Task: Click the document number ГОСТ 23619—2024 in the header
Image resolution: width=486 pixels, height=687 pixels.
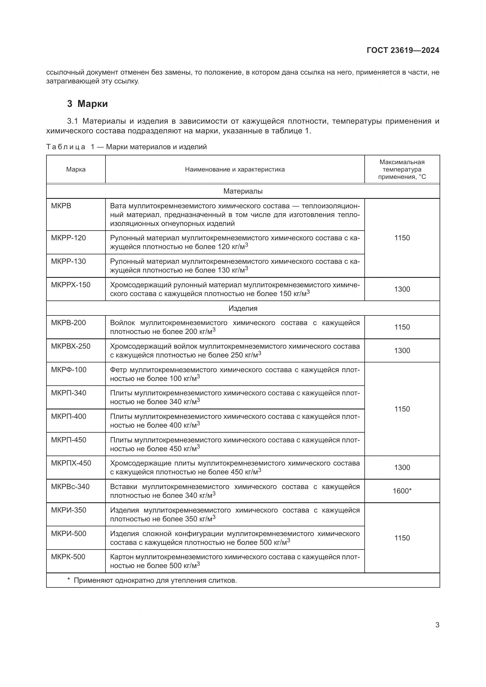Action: [403, 50]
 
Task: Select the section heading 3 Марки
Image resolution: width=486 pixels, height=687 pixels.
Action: [87, 104]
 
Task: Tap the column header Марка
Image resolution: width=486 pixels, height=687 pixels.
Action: [76, 169]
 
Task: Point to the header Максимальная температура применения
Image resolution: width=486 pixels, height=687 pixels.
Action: [402, 169]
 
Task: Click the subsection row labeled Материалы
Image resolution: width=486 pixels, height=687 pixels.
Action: [243, 191]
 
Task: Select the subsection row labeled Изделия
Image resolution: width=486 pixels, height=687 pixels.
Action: [243, 308]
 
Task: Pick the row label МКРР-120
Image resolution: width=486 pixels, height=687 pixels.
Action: [68, 238]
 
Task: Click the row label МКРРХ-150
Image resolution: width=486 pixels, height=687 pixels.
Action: [71, 285]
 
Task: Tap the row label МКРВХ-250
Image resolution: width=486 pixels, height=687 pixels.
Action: [71, 346]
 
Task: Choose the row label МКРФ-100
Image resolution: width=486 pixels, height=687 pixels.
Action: [68, 369]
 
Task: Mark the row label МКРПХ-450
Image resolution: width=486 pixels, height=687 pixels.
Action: [71, 463]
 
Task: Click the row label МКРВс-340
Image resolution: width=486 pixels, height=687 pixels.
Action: [70, 486]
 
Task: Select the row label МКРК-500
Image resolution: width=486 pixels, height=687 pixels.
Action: [68, 557]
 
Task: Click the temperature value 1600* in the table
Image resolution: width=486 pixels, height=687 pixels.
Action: [402, 491]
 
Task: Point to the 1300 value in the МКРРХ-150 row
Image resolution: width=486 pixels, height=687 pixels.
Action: [402, 289]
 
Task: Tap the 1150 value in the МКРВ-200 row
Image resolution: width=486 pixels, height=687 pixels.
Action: [402, 327]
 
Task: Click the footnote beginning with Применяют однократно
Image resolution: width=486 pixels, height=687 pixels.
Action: [152, 580]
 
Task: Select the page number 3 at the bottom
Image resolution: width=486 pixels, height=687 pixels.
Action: [437, 625]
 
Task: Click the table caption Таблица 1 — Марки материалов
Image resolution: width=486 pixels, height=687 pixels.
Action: [126, 147]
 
